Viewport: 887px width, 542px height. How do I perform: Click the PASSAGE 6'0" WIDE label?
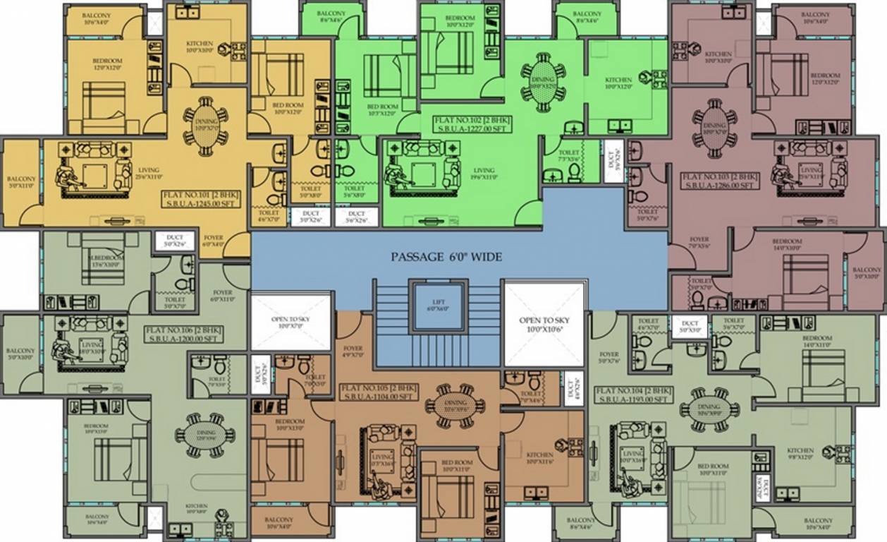(x=446, y=257)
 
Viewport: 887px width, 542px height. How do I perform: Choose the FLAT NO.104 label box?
(x=632, y=395)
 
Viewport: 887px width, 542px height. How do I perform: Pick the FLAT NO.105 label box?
(x=379, y=392)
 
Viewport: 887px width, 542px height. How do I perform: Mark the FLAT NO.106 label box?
(x=182, y=334)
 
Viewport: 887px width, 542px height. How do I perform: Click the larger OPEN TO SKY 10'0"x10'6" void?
(x=544, y=324)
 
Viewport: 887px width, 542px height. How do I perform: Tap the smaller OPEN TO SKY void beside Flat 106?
(x=291, y=322)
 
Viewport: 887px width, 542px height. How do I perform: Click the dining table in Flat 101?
(x=206, y=131)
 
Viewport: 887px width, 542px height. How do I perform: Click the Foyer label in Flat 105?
(x=353, y=351)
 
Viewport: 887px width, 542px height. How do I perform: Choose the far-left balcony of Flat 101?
(x=20, y=183)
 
